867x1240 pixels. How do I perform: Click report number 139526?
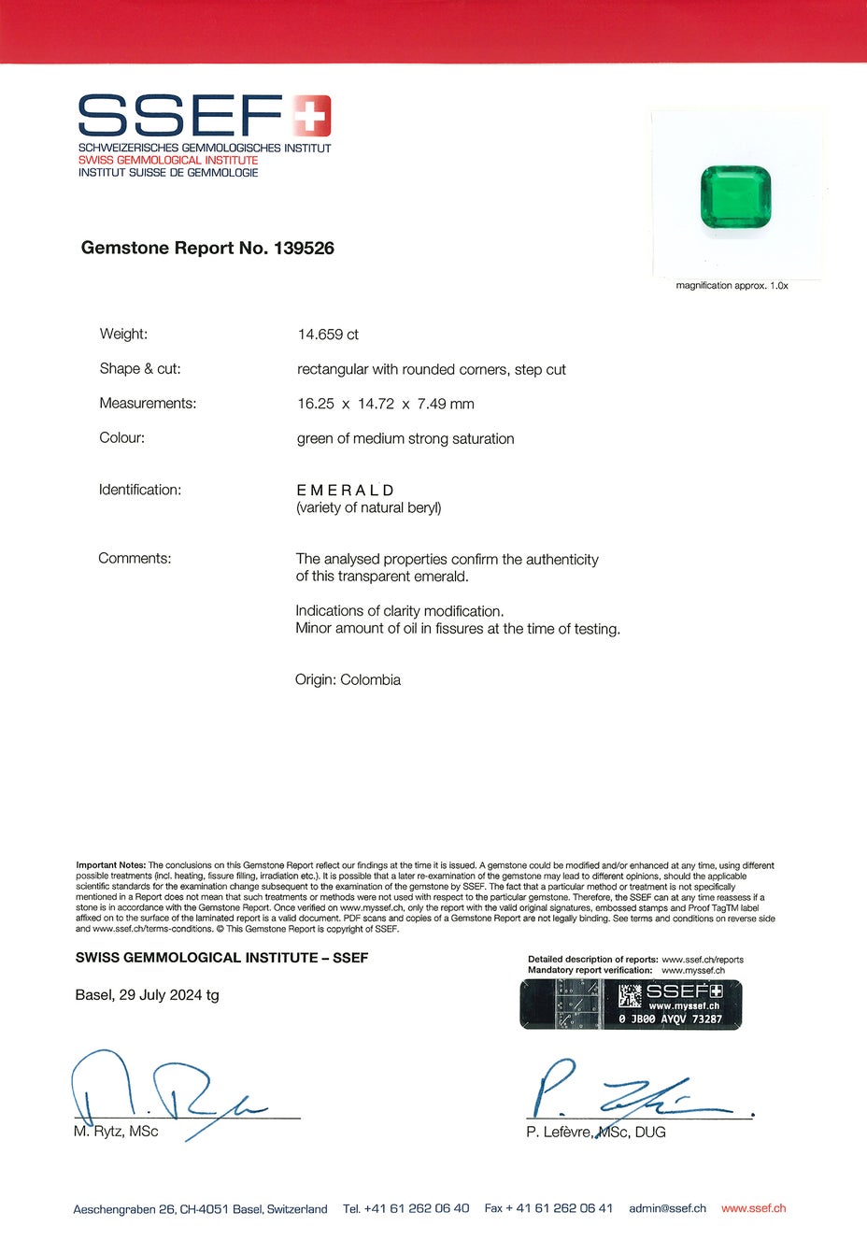click(x=304, y=249)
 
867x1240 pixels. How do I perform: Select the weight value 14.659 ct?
click(x=328, y=335)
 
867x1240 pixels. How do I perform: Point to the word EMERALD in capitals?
click(x=346, y=491)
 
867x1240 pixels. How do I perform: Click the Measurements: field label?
click(x=148, y=404)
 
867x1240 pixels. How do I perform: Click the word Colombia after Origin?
click(x=370, y=680)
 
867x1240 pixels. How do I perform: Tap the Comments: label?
click(x=135, y=559)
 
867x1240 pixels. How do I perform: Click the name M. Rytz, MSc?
click(x=116, y=1133)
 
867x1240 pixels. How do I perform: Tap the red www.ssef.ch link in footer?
click(x=753, y=1208)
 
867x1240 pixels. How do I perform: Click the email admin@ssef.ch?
click(x=667, y=1208)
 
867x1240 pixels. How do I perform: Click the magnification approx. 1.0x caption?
click(x=732, y=286)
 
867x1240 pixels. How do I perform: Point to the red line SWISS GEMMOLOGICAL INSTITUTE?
click(x=168, y=161)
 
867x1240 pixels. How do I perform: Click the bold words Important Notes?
click(x=111, y=865)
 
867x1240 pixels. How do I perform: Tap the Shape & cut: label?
click(x=140, y=369)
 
